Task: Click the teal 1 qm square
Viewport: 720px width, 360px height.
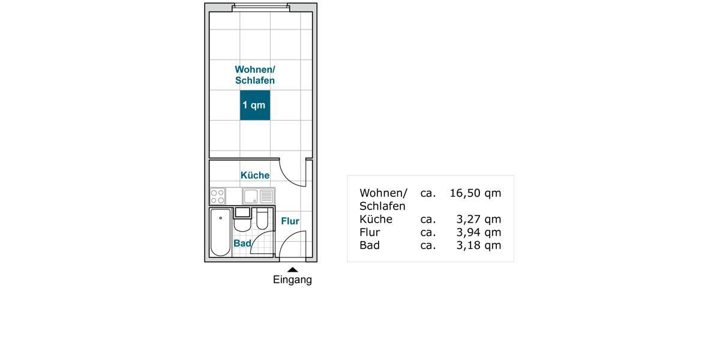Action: pyautogui.click(x=255, y=105)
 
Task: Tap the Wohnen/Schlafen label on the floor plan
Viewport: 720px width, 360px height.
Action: pyautogui.click(x=255, y=75)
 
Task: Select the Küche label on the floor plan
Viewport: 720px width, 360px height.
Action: pyautogui.click(x=255, y=175)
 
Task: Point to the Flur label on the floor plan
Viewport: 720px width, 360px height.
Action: pyautogui.click(x=290, y=221)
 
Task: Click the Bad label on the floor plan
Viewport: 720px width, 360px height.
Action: pyautogui.click(x=242, y=244)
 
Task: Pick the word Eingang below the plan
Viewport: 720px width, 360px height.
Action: pyautogui.click(x=292, y=280)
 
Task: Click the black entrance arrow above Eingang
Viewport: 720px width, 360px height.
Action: pyautogui.click(x=292, y=270)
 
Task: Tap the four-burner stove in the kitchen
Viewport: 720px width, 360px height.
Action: pyautogui.click(x=218, y=196)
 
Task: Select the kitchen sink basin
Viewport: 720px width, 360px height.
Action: pyautogui.click(x=251, y=196)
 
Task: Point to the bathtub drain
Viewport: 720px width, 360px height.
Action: pyautogui.click(x=221, y=218)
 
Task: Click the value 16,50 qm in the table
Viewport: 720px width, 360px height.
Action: pyautogui.click(x=475, y=193)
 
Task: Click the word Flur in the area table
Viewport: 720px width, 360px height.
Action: pyautogui.click(x=370, y=232)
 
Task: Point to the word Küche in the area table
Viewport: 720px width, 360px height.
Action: pyautogui.click(x=376, y=219)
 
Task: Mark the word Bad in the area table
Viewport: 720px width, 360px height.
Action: pyautogui.click(x=369, y=245)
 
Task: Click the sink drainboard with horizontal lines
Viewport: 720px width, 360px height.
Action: pyautogui.click(x=266, y=196)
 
